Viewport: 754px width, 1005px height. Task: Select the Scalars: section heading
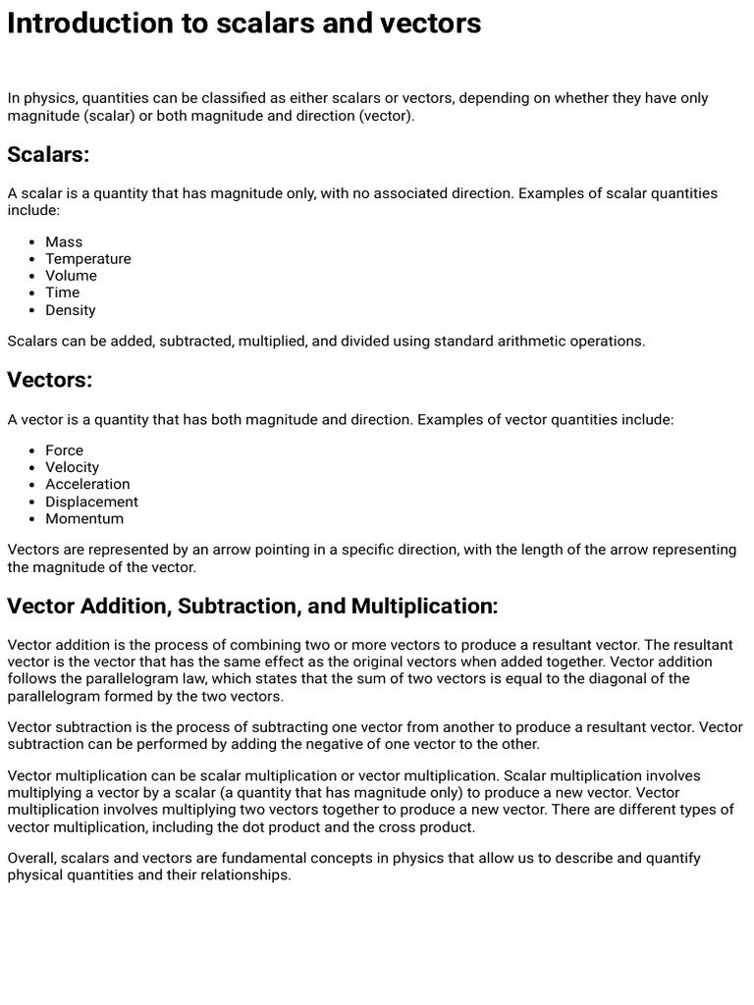(48, 154)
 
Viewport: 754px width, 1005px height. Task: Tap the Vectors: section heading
(49, 380)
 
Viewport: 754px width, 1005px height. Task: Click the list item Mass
(64, 241)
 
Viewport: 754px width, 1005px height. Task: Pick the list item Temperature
(87, 259)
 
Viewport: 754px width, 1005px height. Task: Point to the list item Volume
(71, 276)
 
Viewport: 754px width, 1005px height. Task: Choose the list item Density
(71, 310)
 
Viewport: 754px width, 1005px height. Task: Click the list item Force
(64, 450)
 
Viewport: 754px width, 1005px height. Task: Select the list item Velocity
(72, 467)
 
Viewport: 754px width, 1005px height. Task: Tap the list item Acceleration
(87, 484)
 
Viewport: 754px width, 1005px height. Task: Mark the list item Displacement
(91, 502)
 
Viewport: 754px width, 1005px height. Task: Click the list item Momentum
(84, 518)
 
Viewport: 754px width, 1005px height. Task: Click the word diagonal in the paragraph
(621, 679)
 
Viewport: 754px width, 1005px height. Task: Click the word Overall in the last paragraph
(30, 858)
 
